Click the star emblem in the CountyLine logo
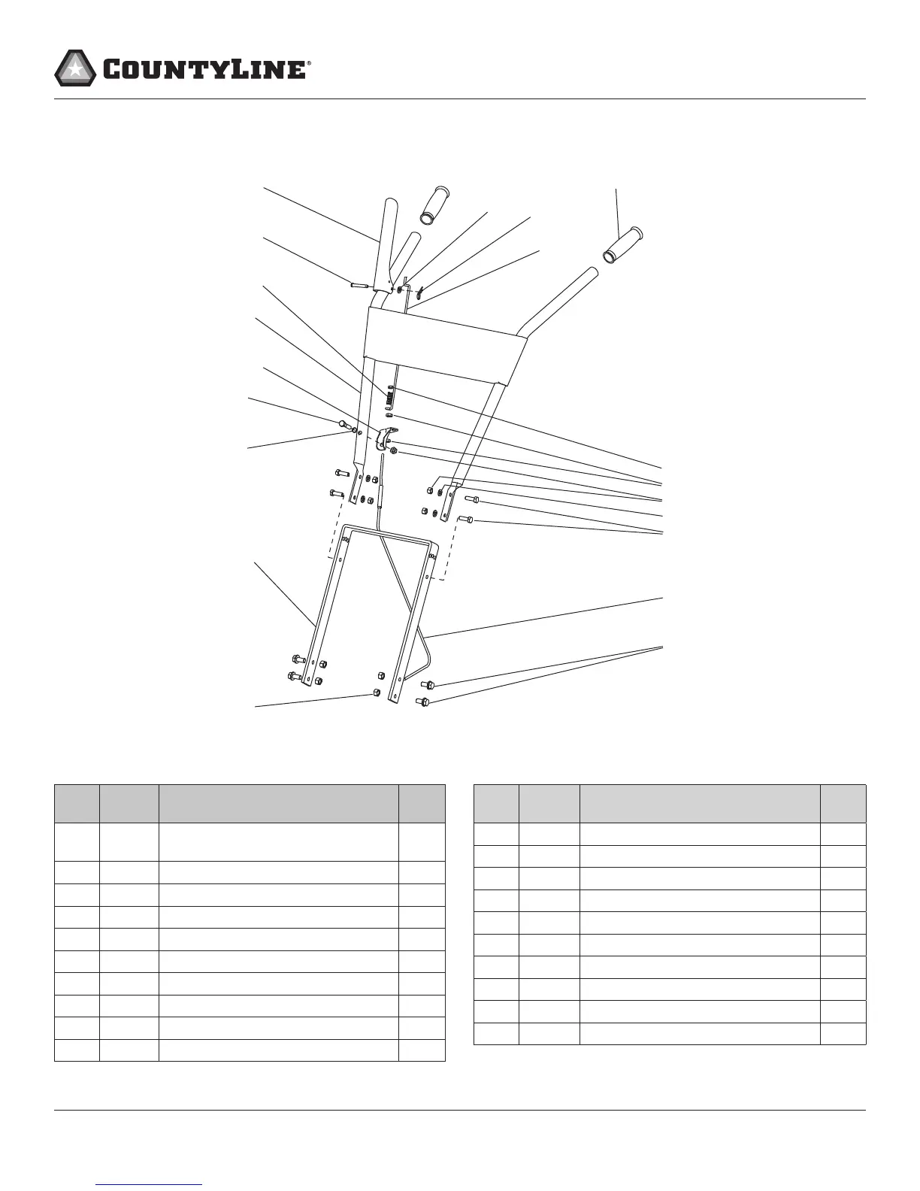[74, 68]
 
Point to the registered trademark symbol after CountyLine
[309, 65]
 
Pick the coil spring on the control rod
[390, 394]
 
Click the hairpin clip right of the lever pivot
[422, 289]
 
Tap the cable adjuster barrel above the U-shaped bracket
[380, 495]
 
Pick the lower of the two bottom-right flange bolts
[422, 702]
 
